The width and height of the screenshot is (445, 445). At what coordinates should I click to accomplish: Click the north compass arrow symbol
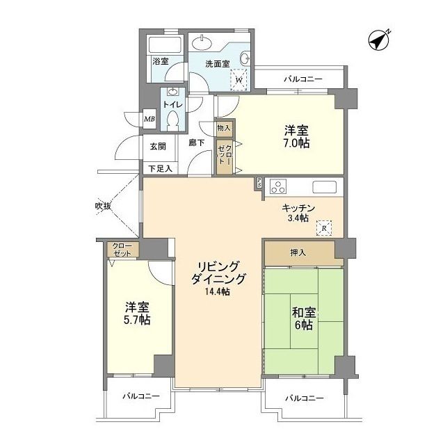pyautogui.click(x=380, y=40)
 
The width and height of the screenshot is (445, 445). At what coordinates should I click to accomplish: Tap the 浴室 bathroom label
pyautogui.click(x=161, y=61)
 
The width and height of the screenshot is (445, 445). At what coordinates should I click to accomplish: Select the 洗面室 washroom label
pyautogui.click(x=217, y=64)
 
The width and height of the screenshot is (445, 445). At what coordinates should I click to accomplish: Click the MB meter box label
pyautogui.click(x=149, y=119)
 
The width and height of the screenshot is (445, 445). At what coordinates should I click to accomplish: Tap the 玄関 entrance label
pyautogui.click(x=158, y=147)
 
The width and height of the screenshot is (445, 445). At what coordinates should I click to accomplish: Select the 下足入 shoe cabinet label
pyautogui.click(x=161, y=168)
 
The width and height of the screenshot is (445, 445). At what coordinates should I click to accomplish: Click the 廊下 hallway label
pyautogui.click(x=197, y=143)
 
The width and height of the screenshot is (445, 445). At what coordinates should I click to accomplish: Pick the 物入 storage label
pyautogui.click(x=223, y=128)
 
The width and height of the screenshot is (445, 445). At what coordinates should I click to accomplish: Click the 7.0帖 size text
pyautogui.click(x=296, y=144)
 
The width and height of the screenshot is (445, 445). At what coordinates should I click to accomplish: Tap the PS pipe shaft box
pyautogui.click(x=259, y=184)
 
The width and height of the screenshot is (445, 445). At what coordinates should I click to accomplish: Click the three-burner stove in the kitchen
pyautogui.click(x=279, y=187)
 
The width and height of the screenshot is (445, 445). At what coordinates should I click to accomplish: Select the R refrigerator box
pyautogui.click(x=324, y=227)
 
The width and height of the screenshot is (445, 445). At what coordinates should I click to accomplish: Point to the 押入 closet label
pyautogui.click(x=298, y=252)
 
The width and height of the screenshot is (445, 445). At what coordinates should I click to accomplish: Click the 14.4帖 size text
pyautogui.click(x=217, y=292)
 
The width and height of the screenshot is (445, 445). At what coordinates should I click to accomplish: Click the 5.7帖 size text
pyautogui.click(x=138, y=321)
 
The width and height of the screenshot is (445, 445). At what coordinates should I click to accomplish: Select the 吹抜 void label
pyautogui.click(x=104, y=206)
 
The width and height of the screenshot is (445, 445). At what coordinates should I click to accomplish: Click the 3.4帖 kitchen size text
pyautogui.click(x=299, y=218)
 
